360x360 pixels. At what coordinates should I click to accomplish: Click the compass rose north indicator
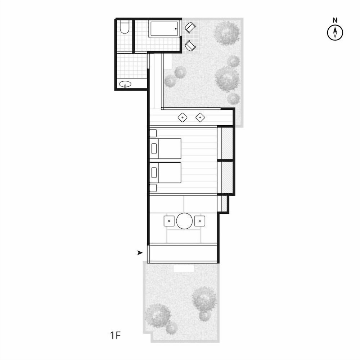point(335,33)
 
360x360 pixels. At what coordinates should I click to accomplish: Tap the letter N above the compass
point(335,20)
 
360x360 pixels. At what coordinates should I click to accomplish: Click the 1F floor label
point(115,336)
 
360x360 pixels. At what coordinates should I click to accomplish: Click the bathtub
point(164,29)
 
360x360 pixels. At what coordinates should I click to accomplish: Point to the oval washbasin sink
point(125,84)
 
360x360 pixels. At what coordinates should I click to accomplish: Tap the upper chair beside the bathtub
point(190,28)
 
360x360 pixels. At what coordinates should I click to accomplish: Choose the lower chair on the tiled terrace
point(190,46)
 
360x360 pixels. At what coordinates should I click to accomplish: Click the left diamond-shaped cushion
point(183,118)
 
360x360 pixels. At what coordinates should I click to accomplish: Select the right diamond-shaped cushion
point(200,118)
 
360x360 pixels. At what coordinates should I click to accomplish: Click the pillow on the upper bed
point(154,149)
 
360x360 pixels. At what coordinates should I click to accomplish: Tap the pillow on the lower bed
point(154,173)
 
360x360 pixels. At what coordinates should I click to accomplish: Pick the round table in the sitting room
point(184,221)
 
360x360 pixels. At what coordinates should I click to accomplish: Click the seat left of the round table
point(169,221)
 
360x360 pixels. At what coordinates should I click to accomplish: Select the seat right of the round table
point(200,221)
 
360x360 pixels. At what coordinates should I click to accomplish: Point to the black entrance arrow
point(140,253)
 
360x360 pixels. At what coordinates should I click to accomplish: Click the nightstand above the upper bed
point(153,133)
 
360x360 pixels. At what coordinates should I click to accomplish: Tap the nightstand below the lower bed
point(153,188)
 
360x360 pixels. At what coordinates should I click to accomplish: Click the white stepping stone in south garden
point(184,269)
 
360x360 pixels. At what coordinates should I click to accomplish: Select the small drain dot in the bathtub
point(176,29)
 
